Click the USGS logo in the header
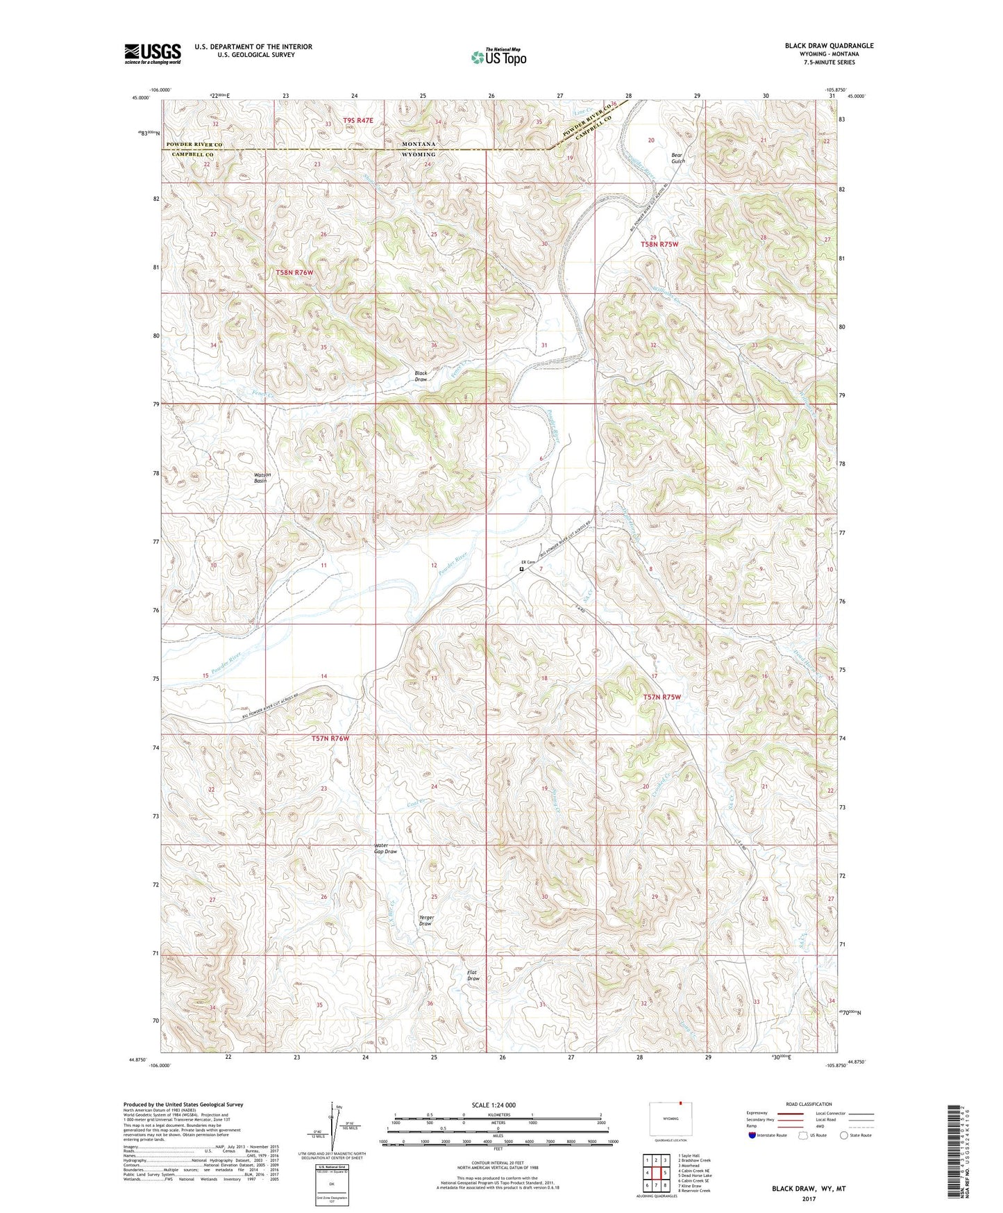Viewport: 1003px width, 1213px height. [x=153, y=53]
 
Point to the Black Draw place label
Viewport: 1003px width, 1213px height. [x=421, y=377]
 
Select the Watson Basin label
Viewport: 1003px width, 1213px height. [x=262, y=478]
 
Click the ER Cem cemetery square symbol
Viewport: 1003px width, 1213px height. [x=522, y=569]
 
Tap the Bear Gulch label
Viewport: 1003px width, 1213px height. [x=677, y=158]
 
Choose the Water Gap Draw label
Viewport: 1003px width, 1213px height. [x=385, y=848]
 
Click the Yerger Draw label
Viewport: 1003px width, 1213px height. [x=426, y=921]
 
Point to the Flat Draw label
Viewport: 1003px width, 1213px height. [x=473, y=975]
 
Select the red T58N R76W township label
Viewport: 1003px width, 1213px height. [x=294, y=273]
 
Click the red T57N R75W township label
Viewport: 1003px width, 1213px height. [x=661, y=697]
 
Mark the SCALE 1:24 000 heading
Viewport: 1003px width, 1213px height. [x=493, y=1105]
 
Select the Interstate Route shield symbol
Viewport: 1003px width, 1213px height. [x=753, y=1135]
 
